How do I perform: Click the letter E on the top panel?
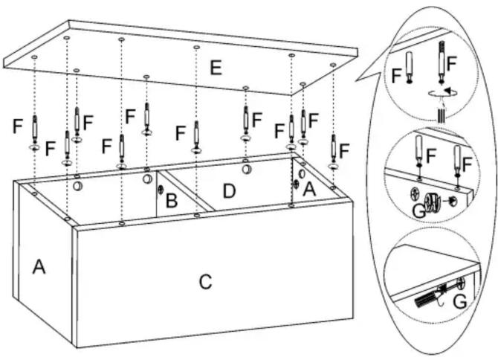click(x=216, y=68)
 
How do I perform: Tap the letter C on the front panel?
click(x=205, y=281)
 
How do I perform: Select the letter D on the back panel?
click(x=230, y=191)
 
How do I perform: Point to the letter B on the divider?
click(x=172, y=201)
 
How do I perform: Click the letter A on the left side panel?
click(x=39, y=266)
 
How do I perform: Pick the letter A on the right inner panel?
click(x=309, y=190)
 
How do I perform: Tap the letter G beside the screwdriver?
click(x=459, y=302)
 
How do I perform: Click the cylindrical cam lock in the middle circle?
click(x=433, y=202)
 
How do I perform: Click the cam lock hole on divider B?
click(x=161, y=190)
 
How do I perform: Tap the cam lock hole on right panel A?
click(x=297, y=183)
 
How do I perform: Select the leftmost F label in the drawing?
click(x=18, y=126)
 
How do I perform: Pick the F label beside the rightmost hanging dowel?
click(x=344, y=150)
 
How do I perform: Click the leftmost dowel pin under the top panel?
click(x=35, y=129)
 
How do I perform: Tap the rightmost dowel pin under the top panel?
click(x=334, y=149)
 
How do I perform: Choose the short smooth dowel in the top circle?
click(x=410, y=68)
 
